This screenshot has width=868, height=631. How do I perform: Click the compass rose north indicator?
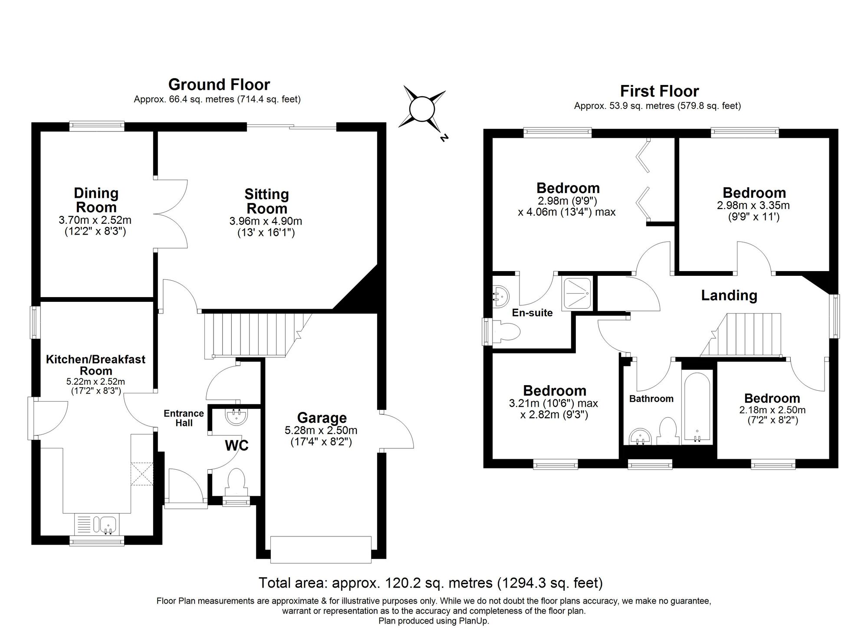coord(443,138)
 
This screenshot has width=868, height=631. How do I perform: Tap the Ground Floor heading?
coord(219,84)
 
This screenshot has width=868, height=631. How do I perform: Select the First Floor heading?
coord(659,91)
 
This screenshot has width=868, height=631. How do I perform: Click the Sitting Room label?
coord(266,201)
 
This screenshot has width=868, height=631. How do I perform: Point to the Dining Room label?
coord(96,200)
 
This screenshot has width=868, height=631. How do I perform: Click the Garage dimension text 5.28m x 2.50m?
coord(321,430)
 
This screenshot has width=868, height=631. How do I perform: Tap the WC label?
coord(237,445)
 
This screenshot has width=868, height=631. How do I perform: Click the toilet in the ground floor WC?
coord(236,481)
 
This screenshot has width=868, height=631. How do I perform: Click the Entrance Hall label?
coord(184,418)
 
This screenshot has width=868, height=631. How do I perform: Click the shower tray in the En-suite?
coord(577,294)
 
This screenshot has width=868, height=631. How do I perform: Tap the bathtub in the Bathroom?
coord(697,407)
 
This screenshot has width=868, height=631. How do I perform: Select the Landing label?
coord(729,295)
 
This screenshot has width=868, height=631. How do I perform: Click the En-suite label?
coord(532,313)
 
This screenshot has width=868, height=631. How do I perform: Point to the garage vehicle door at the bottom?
coord(321,549)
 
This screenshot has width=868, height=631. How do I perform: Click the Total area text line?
coord(431,582)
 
